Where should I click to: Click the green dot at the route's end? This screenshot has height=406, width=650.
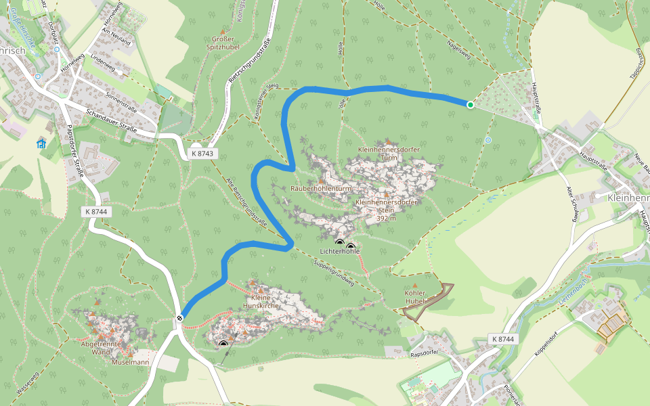click(x=470, y=104)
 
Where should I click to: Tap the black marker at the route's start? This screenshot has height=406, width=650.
click(x=180, y=318)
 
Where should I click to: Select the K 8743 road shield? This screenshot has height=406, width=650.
click(x=202, y=154)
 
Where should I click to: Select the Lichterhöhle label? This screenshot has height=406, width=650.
click(x=340, y=252)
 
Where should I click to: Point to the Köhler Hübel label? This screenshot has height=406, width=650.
click(x=414, y=296)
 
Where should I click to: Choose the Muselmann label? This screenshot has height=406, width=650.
click(x=131, y=362)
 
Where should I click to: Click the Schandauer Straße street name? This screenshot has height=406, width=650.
click(x=112, y=120)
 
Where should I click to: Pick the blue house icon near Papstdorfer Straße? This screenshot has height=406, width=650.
click(x=41, y=143)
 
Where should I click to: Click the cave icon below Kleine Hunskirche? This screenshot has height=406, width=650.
click(x=223, y=345)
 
